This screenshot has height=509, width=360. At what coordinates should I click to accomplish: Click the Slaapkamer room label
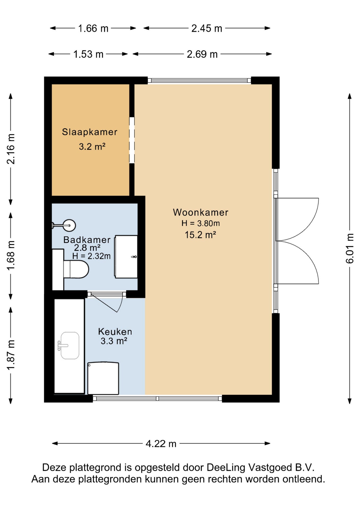pos(90,132)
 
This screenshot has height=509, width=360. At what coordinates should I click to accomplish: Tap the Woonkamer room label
pos(201,212)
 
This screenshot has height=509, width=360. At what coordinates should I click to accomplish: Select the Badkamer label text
pos(87,240)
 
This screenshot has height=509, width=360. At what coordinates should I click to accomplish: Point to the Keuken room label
pos(115,332)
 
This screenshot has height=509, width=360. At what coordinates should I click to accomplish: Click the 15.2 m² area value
pos(200,235)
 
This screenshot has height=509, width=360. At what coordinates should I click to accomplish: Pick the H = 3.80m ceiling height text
pos(201,223)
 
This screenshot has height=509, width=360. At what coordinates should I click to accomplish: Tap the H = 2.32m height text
pos(91,256)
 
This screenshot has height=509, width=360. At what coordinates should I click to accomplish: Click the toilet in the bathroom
pos(76,269)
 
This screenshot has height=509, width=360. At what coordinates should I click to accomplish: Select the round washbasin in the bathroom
pos(70,226)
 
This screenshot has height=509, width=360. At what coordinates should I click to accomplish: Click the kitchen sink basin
pos(70,345)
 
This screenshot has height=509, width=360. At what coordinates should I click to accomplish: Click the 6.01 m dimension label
pos(350,248)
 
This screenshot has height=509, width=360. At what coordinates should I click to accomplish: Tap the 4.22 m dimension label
pos(161,444)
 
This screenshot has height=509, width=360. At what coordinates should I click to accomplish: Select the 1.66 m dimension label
pos(93,28)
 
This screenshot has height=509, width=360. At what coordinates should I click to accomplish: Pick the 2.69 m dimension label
pos(202,54)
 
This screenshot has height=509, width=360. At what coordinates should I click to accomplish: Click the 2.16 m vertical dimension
pos(11,149)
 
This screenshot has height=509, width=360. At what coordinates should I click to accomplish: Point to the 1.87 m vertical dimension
pos(11,355)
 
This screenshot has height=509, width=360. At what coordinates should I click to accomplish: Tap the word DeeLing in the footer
pos(226,467)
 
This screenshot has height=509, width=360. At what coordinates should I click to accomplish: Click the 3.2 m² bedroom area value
pos(92,147)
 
